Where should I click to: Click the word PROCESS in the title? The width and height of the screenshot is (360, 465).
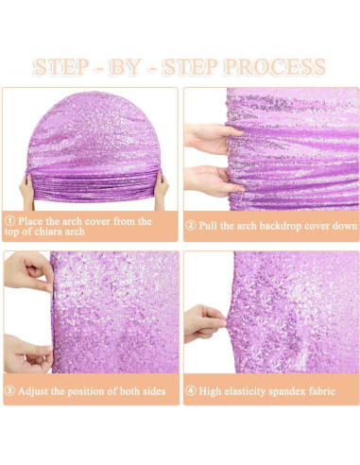pos(274,67)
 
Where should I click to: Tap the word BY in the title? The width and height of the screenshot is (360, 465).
pos(124,67)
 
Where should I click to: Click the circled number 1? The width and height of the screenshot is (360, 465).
pos(9,221)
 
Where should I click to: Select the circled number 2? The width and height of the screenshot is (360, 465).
pos(191,226)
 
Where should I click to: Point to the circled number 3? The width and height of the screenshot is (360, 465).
pos(9,391)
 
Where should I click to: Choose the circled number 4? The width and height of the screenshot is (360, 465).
pos(191,391)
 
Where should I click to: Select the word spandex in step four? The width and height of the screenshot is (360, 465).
pos(287,391)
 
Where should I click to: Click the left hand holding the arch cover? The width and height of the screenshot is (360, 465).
pos(26,191)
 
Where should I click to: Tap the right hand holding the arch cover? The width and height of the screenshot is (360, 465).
pos(161,191)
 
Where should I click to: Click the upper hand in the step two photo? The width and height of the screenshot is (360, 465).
pos(212,139)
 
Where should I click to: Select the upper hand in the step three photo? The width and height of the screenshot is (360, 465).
pos(28,271)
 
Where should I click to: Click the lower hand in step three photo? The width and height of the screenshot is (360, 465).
pos(27,354)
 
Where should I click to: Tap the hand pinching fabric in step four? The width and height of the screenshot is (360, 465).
pos(205,323)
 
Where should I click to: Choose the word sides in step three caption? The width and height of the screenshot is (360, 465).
pos(154,391)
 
